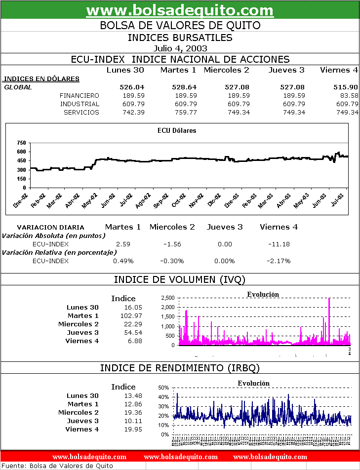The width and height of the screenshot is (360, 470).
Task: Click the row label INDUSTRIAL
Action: pos(80,104)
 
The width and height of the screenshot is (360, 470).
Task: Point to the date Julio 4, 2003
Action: pos(180,48)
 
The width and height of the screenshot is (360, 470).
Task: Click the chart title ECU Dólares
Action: pos(176,131)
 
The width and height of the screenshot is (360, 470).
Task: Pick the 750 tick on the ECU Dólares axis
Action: pos(21,143)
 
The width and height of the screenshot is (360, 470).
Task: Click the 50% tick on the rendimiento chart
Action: pos(163,388)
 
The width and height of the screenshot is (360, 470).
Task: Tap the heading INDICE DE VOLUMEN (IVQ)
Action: pos(180,279)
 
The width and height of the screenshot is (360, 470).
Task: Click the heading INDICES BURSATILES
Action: pos(180,38)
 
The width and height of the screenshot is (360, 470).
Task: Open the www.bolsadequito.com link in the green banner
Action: pos(180,10)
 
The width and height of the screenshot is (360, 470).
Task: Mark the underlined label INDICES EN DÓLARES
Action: pos(41,78)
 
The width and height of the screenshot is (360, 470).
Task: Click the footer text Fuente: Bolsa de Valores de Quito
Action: pos(57,466)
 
